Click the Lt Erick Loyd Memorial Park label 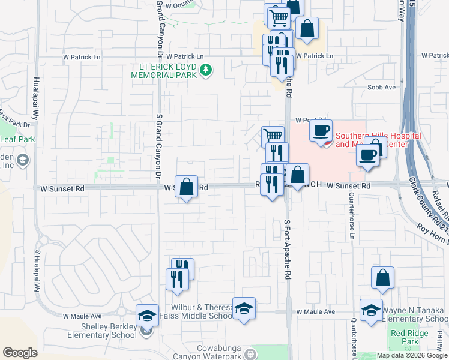tap(164, 71)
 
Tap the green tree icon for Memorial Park tap(206, 71)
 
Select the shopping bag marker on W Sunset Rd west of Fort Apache tap(187, 187)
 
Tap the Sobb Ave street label tap(382, 87)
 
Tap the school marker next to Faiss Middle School tap(244, 310)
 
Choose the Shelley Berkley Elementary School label tap(109, 331)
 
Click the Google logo tap(20, 353)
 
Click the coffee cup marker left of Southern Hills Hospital tap(321, 130)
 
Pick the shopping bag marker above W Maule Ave tap(382, 278)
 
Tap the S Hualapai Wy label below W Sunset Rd tap(38, 269)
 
